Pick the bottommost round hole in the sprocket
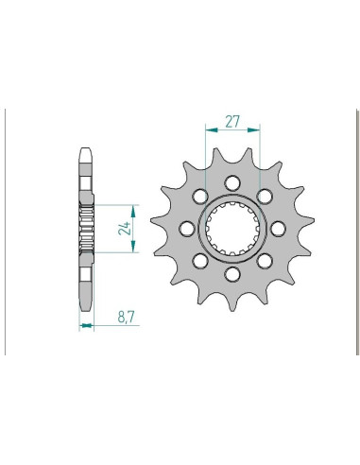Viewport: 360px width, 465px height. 232,273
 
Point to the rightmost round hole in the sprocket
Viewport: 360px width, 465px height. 276,228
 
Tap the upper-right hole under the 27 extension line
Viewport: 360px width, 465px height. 264,197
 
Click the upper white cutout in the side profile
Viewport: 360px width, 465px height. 85,189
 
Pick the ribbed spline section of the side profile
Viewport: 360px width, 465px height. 85,227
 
